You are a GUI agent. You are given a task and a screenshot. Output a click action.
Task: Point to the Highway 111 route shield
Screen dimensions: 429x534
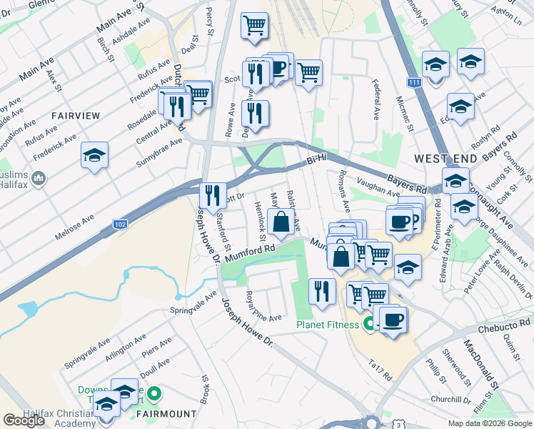click(x=415, y=83)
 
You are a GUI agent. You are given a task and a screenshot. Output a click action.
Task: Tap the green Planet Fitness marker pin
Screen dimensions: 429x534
click(x=369, y=325)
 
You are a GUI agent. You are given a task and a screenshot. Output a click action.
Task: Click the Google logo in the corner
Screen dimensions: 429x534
click(x=24, y=420)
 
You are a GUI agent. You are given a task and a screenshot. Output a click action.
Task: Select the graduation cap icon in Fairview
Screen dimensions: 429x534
click(x=95, y=155)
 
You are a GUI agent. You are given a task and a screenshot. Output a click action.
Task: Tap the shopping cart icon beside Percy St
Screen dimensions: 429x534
click(x=253, y=26)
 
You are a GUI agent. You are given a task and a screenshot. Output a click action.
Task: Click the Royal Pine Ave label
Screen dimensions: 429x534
click(x=263, y=307)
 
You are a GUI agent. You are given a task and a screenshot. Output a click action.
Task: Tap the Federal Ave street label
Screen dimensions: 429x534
click(x=376, y=100)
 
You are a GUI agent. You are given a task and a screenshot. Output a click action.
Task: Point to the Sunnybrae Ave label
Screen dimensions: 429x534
click(x=159, y=154)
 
